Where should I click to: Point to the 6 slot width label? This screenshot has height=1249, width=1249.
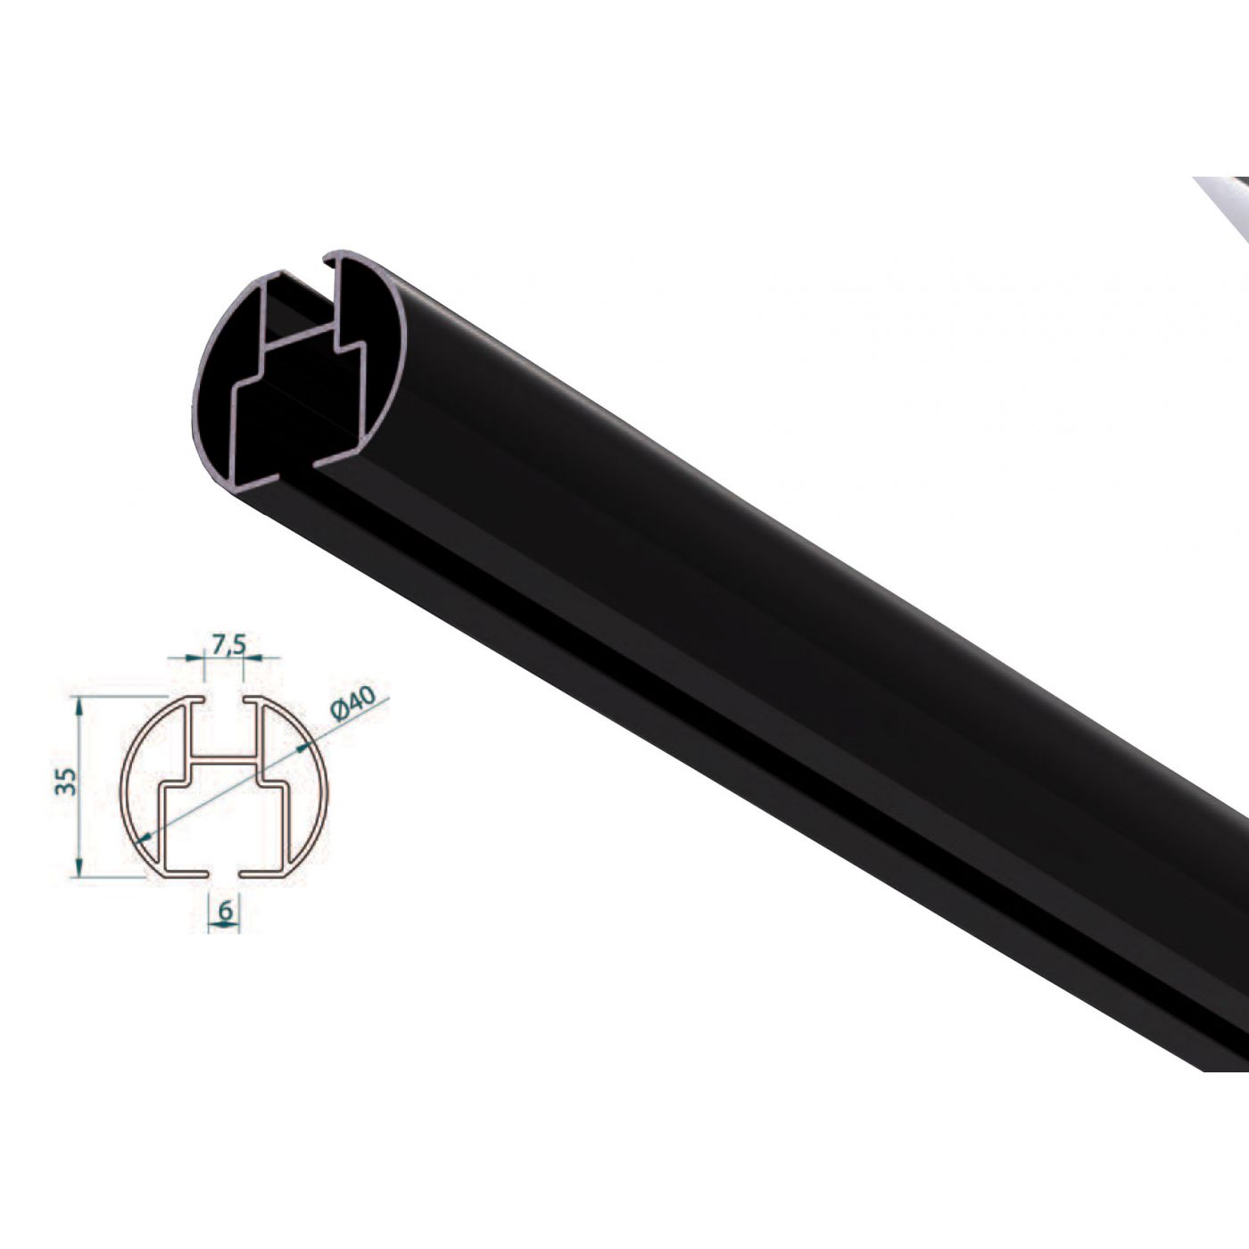(x=225, y=910)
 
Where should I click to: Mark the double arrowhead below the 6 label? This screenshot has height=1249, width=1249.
(x=224, y=926)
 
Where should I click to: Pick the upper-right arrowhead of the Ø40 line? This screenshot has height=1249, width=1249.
(x=304, y=745)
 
